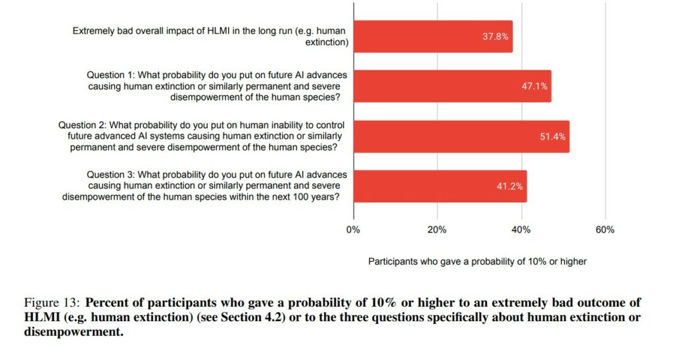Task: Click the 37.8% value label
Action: [496, 37]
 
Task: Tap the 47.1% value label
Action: [535, 86]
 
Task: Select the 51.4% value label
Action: [553, 137]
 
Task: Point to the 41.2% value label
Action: [509, 186]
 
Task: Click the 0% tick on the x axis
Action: [354, 230]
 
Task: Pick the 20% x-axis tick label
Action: [437, 230]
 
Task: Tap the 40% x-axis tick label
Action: [521, 230]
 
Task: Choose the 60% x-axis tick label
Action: [605, 230]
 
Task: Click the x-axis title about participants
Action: [477, 261]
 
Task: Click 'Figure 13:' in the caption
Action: [52, 303]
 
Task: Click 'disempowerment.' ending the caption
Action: [73, 332]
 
